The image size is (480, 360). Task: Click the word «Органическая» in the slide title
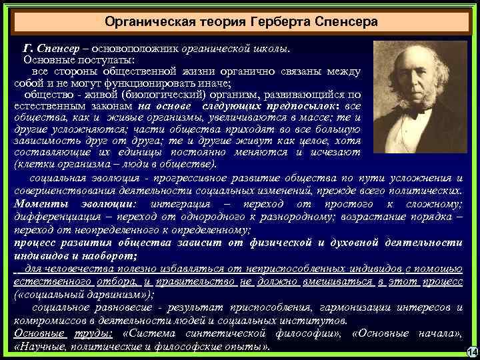pyautogui.click(x=142, y=22)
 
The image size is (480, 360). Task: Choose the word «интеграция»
pyautogui.click(x=180, y=203)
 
